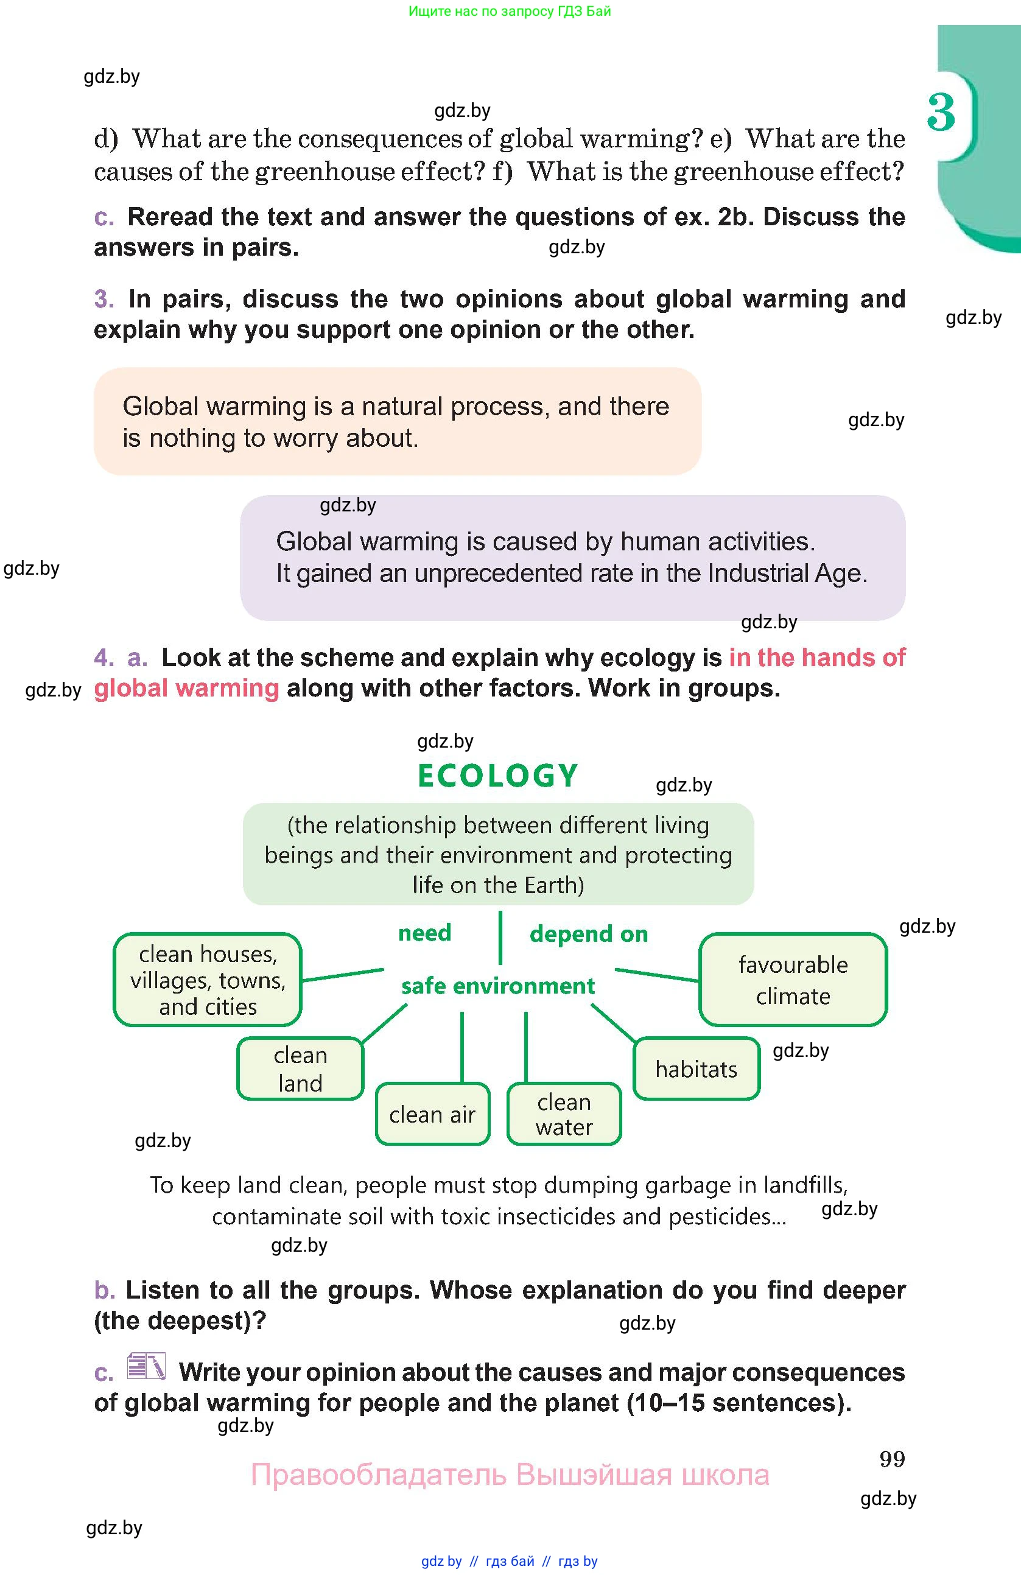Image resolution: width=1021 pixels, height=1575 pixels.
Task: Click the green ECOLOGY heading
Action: [x=497, y=776]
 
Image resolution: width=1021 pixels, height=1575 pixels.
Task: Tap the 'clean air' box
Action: [x=432, y=1114]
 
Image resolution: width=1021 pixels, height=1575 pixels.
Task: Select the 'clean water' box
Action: [x=564, y=1114]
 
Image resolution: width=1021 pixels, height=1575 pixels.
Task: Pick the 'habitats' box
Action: [x=696, y=1068]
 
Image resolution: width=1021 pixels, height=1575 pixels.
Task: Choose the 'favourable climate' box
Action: [x=793, y=980]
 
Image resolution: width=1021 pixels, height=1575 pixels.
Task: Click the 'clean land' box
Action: [x=300, y=1068]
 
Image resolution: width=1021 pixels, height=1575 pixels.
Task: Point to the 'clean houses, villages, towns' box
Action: [x=208, y=980]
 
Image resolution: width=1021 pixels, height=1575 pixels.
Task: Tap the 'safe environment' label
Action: [x=497, y=986]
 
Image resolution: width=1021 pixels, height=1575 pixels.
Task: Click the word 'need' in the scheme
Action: [x=425, y=933]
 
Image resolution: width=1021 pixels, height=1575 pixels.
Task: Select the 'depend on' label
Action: [x=589, y=935]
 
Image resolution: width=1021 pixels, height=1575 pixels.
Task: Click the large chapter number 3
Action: [x=941, y=112]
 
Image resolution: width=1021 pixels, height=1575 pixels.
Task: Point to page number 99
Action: [x=892, y=1459]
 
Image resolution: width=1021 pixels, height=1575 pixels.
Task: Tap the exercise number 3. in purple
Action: [x=104, y=299]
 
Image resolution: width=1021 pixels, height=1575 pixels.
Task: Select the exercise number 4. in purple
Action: [x=104, y=658]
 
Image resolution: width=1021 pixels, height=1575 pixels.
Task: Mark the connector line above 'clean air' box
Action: [x=462, y=1047]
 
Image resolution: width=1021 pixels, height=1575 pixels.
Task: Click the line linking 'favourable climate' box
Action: [x=657, y=975]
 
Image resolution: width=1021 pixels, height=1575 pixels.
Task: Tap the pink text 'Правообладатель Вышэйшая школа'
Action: [x=510, y=1475]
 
